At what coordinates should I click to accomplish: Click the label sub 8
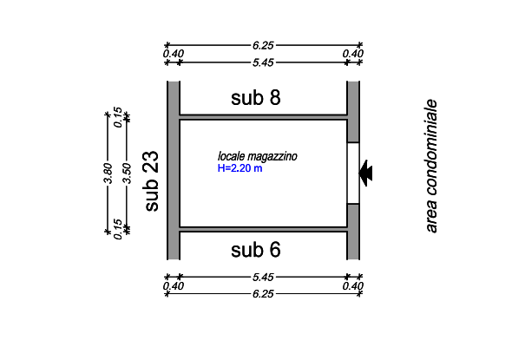tap(256, 97)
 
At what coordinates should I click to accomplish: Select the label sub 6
tap(256, 250)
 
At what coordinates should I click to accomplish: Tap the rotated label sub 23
tap(151, 180)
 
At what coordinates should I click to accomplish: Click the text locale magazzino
tap(258, 157)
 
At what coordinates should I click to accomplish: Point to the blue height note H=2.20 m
tap(240, 168)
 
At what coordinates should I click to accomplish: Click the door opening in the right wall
tap(353, 172)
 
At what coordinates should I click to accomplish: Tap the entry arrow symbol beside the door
tap(368, 172)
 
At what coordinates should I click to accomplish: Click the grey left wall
tap(173, 170)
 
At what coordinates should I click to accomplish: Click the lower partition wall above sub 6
tap(263, 229)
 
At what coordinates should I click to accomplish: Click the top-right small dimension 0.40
tap(354, 53)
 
